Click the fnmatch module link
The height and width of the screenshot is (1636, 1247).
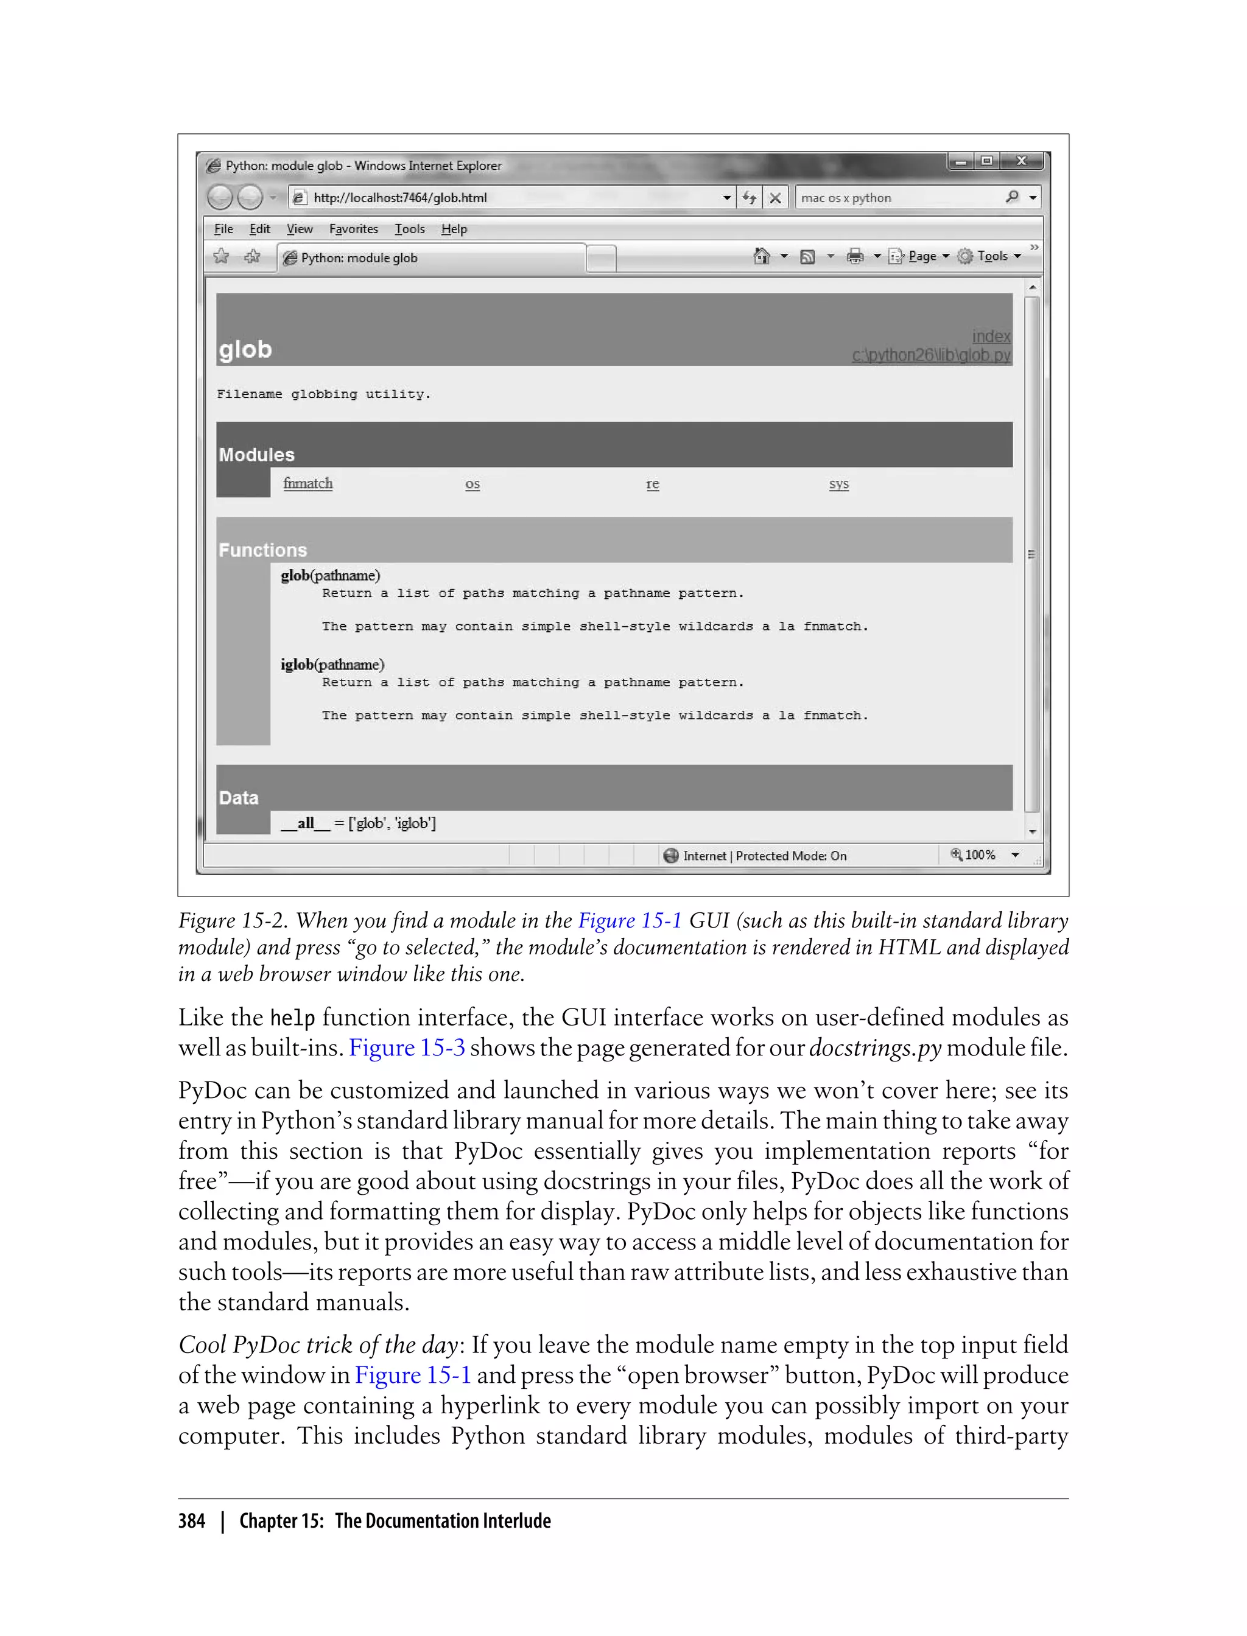click(307, 484)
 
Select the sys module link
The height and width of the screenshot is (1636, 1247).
click(839, 484)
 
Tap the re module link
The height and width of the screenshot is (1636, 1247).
click(653, 484)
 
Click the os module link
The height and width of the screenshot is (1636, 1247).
click(472, 484)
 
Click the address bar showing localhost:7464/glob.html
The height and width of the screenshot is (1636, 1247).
click(505, 197)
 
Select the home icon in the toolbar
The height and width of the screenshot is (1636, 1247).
click(761, 257)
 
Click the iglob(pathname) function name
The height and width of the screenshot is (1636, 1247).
click(332, 665)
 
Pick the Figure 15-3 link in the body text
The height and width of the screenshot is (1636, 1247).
click(407, 1047)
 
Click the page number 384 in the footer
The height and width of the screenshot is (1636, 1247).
click(192, 1521)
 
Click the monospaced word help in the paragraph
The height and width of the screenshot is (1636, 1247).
click(292, 1018)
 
